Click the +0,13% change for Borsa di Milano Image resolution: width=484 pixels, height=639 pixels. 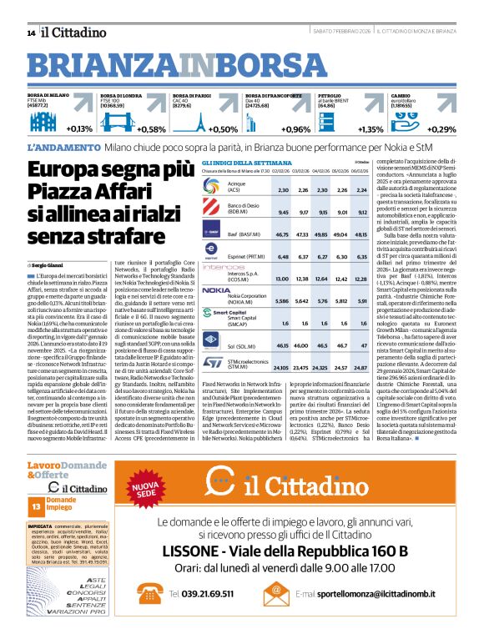coord(80,129)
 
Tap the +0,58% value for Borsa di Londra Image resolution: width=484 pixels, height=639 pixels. coord(150,129)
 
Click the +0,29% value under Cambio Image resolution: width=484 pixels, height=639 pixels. coord(441,129)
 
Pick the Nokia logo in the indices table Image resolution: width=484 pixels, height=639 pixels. coord(215,291)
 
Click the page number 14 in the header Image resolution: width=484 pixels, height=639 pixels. coord(31,33)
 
